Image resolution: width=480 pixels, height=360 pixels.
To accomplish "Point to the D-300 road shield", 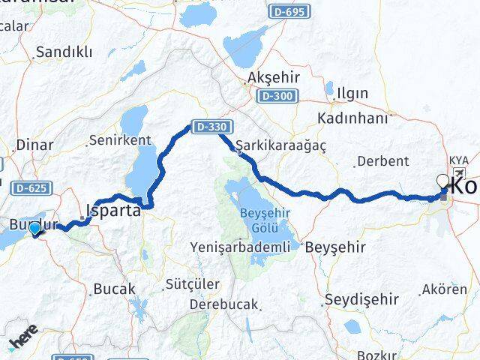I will click(277, 96).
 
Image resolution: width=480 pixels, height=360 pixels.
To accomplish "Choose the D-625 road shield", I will click(30, 187).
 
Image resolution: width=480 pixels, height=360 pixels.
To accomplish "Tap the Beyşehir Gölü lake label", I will click(264, 219).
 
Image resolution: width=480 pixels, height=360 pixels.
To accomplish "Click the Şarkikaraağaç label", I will click(280, 145).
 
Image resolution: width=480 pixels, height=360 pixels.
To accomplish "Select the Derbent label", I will click(382, 161).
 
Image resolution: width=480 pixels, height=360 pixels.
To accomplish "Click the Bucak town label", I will click(114, 288).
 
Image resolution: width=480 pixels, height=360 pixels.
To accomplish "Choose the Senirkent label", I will click(119, 139).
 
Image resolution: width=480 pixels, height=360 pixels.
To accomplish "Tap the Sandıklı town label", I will click(64, 52).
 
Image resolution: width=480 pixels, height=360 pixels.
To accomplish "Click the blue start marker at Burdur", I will click(34, 228).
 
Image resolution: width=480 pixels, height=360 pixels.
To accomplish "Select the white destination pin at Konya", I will click(443, 181).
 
